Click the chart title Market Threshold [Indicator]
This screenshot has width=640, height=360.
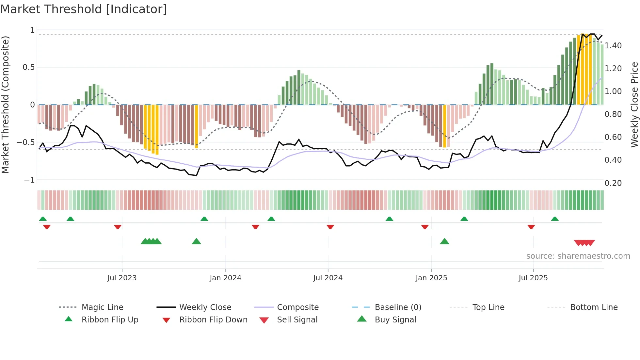84,9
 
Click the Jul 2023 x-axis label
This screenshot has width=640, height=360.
122,278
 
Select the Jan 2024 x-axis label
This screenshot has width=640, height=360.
225,278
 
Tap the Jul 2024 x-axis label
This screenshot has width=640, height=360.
328,278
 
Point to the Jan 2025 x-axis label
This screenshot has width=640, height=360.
431,278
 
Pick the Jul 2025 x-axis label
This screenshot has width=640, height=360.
533,278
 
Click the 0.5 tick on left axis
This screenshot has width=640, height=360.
28,67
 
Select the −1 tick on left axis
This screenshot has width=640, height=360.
29,180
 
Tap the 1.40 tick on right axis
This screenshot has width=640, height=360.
613,46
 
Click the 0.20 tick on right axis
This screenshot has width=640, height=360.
613,183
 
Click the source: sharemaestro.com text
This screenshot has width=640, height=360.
578,256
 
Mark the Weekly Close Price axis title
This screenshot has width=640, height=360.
634,105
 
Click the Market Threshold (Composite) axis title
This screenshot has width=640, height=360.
5,105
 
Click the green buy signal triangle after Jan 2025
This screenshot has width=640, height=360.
444,242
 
